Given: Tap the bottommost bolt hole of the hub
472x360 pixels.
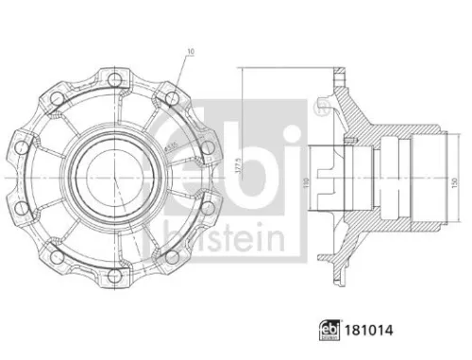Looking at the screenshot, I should point(114,277).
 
